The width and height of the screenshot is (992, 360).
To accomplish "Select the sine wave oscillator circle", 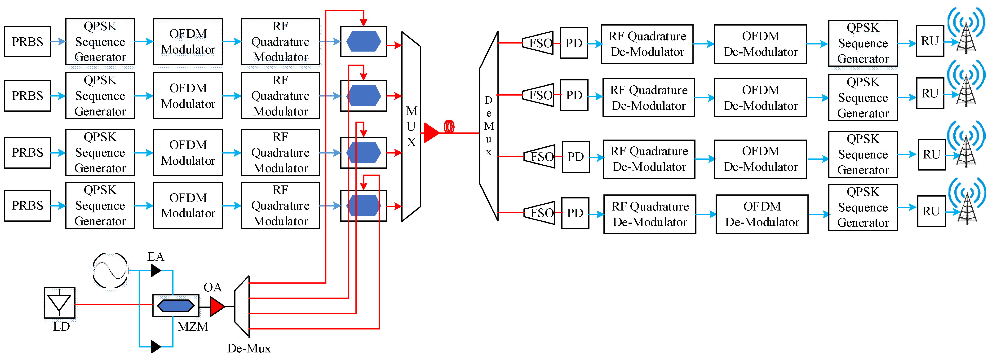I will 111,270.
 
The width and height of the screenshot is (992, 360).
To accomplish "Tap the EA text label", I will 155,256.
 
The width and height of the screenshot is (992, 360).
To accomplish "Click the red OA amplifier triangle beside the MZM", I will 217,307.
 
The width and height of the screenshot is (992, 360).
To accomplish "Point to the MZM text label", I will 193,326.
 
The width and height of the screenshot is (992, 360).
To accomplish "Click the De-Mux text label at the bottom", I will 249,348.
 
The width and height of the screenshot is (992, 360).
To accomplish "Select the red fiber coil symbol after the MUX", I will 449,127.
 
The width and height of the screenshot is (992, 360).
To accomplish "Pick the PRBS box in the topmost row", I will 28,42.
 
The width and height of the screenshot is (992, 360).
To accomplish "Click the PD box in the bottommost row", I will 575,213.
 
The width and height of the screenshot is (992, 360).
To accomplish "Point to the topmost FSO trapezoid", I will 538,43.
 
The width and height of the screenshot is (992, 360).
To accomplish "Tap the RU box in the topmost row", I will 930,41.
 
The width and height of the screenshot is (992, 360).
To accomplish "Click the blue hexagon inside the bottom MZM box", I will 176,306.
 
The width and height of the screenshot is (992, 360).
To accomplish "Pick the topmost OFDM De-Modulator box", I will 761,44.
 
